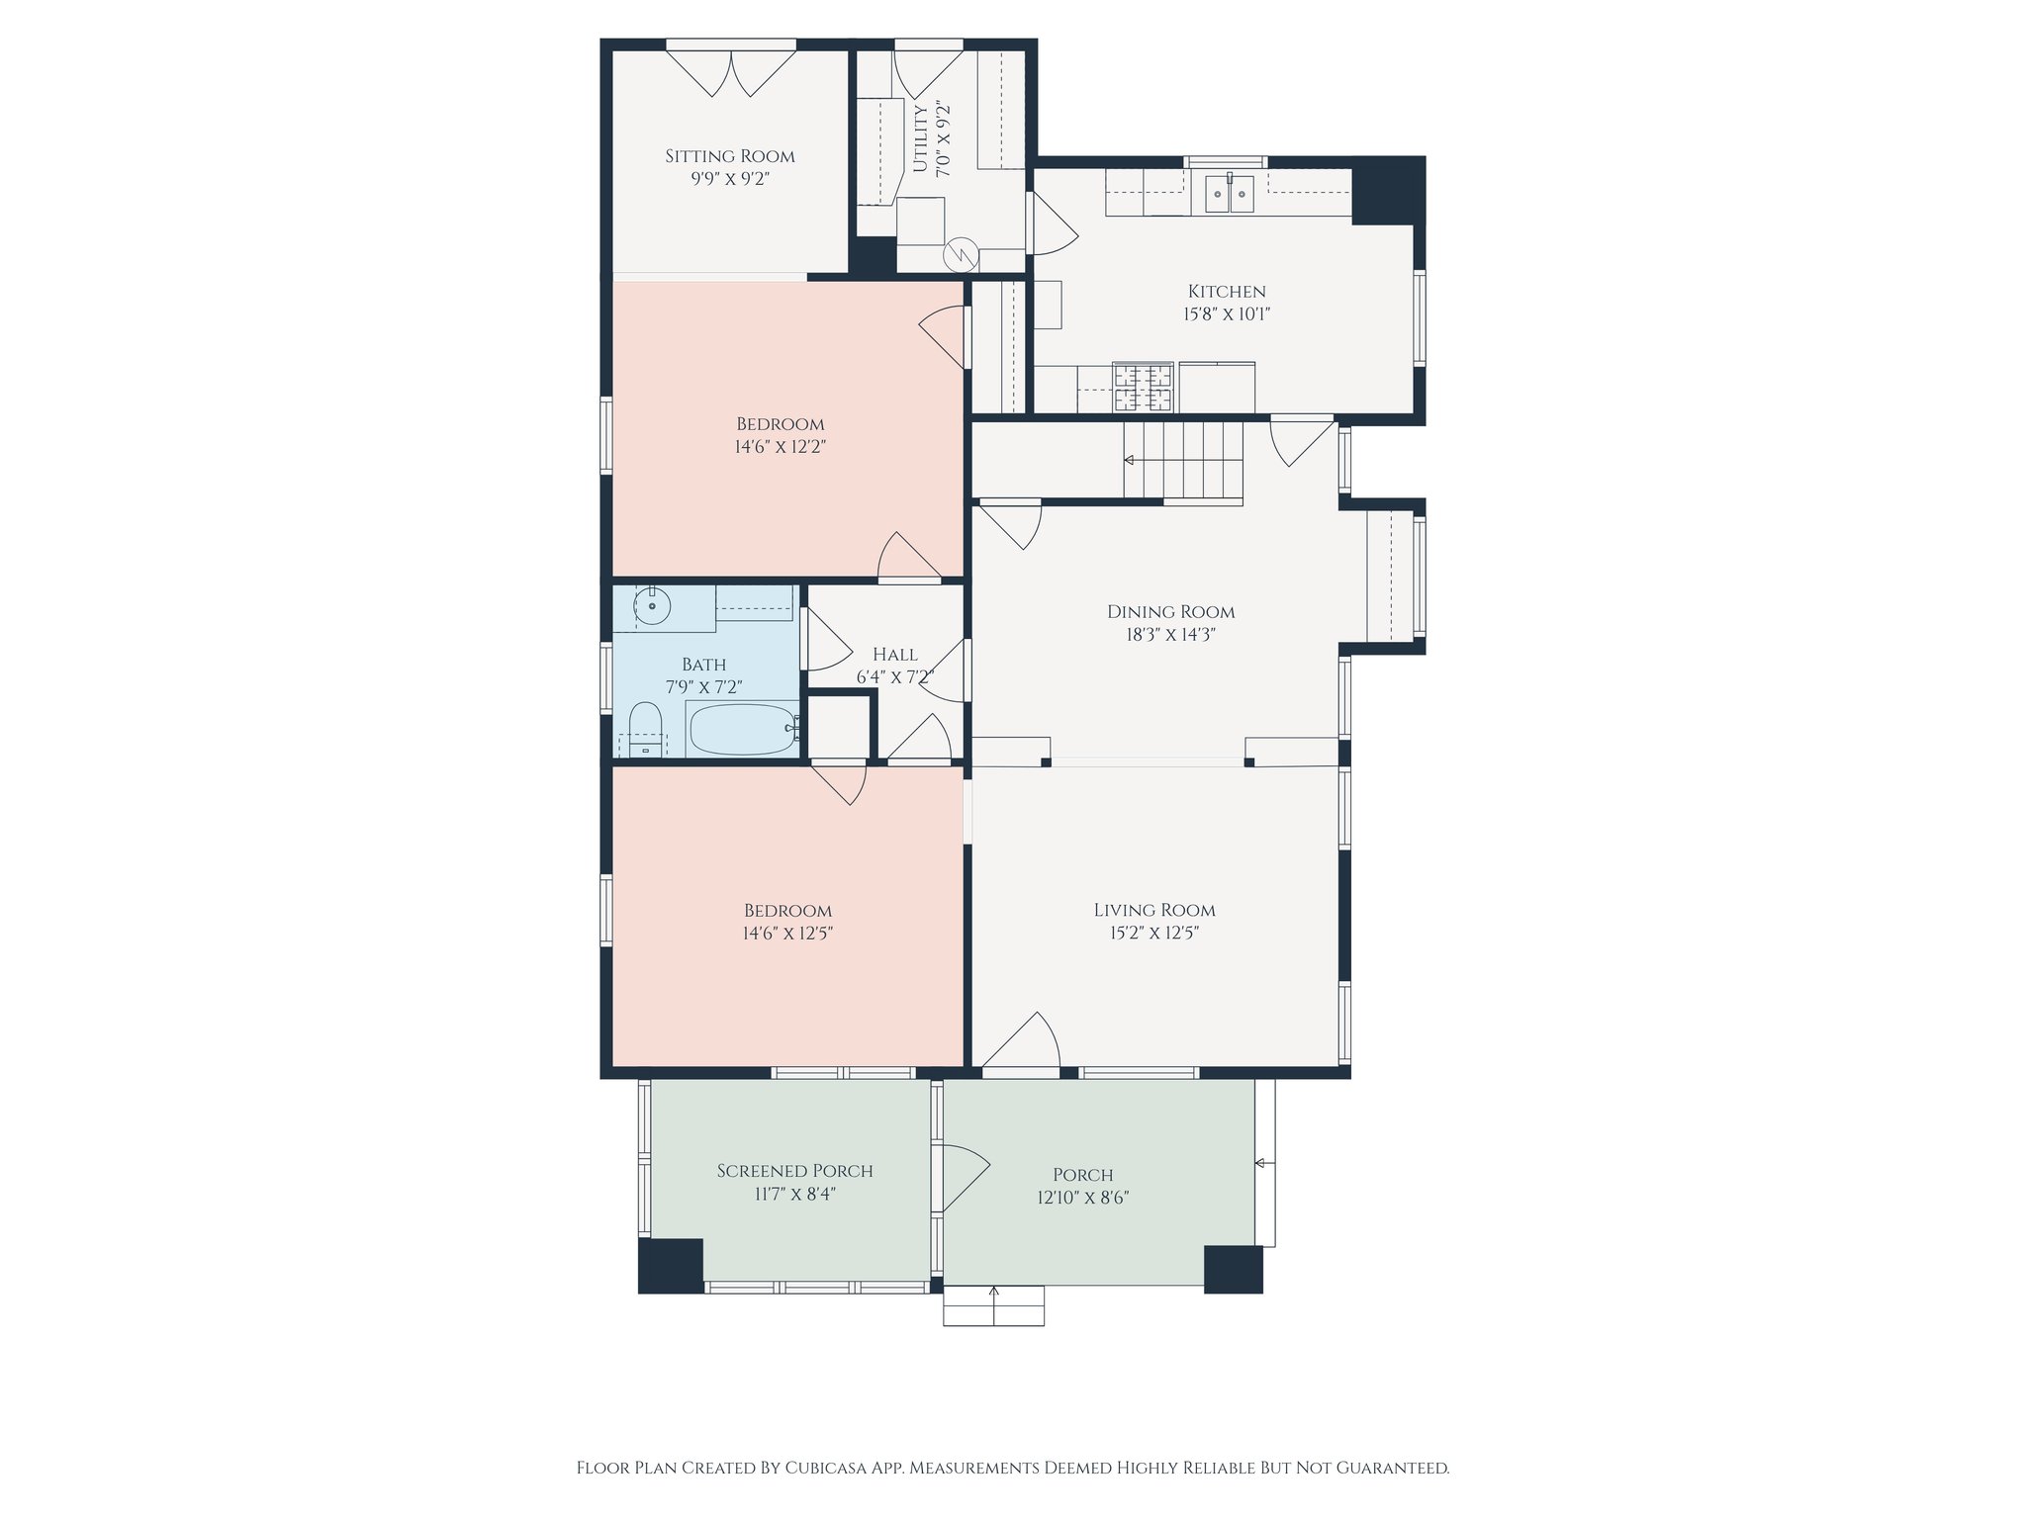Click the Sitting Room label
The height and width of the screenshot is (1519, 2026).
(730, 156)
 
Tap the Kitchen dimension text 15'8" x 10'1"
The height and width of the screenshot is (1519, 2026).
(1227, 314)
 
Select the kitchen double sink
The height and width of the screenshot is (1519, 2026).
(1230, 194)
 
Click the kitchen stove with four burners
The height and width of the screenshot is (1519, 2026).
(1143, 387)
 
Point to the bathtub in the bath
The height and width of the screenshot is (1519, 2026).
(743, 730)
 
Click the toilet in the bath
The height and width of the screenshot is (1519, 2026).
(645, 730)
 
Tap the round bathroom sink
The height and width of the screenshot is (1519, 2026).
(653, 605)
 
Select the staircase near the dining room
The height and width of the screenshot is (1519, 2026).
(1183, 461)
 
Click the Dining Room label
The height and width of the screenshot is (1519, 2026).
(1171, 612)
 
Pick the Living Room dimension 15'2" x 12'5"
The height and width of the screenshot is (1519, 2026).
(1154, 933)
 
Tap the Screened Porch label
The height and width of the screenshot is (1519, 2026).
(795, 1171)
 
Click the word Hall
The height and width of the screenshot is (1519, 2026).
(895, 655)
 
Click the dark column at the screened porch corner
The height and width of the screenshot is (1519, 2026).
(671, 1265)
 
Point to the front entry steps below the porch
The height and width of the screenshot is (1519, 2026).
(994, 1305)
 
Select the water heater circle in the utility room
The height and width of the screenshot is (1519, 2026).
(961, 256)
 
